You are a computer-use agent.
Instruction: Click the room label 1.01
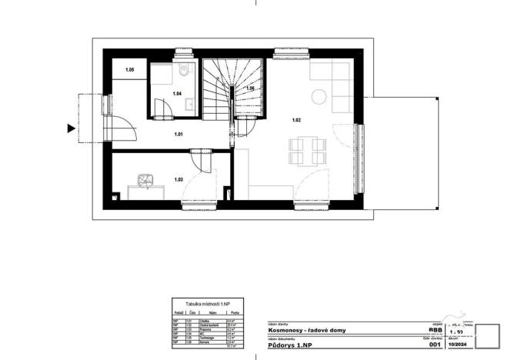[179, 135]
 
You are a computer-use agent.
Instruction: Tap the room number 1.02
[296, 120]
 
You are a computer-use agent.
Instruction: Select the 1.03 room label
[179, 180]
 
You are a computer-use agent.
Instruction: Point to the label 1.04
[176, 95]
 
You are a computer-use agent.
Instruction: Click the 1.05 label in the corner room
[130, 70]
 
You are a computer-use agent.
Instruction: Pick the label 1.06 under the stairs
[250, 89]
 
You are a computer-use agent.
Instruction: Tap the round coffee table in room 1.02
[319, 96]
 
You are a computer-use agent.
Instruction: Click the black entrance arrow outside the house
[72, 128]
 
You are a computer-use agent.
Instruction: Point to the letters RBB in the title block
[435, 329]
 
